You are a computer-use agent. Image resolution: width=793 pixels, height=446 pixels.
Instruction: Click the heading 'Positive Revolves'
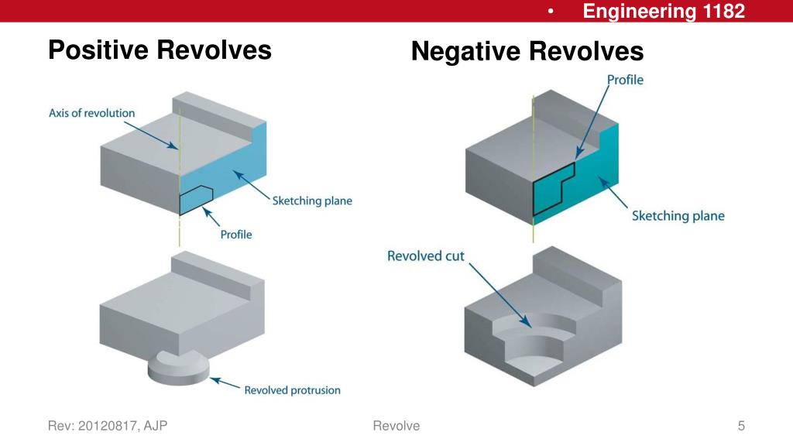tap(160, 50)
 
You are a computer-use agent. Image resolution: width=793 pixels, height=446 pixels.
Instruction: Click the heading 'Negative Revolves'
tap(527, 52)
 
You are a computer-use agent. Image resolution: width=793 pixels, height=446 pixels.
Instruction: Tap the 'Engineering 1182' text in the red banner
tap(664, 11)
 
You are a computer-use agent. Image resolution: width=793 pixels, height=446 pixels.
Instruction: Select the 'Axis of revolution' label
tap(91, 113)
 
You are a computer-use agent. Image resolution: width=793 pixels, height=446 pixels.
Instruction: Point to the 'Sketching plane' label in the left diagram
tap(312, 201)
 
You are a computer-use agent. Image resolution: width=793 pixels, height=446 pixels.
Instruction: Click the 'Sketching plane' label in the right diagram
tap(678, 215)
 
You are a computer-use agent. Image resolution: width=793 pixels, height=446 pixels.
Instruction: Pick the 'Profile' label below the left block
tap(236, 235)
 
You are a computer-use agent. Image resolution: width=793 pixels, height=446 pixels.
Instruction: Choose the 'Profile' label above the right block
tap(625, 80)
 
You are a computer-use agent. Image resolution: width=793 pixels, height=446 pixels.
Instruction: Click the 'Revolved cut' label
tap(426, 256)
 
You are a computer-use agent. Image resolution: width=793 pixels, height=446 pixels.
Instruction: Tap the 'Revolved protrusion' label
tap(292, 390)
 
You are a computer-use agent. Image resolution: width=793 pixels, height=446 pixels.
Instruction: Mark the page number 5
tap(741, 426)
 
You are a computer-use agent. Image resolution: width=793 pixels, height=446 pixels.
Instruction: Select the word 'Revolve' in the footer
tap(396, 426)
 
